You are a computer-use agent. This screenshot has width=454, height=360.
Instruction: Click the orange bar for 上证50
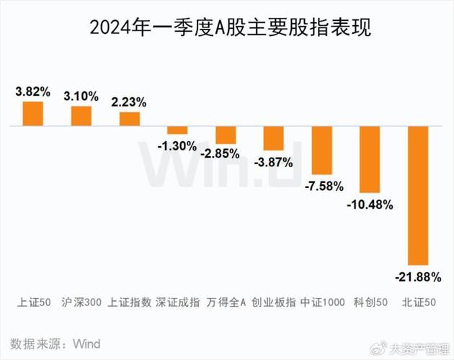point(33,114)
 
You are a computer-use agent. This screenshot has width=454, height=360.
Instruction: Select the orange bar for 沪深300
point(81,116)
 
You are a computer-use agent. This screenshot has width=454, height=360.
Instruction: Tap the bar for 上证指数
point(130,119)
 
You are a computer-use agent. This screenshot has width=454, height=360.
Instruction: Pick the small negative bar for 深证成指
point(177,130)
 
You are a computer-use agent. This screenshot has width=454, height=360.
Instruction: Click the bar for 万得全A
point(226,135)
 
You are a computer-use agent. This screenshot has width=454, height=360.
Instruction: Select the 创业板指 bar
point(273,138)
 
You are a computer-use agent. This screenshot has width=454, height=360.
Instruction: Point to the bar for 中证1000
point(321,150)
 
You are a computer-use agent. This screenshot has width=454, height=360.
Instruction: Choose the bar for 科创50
point(369,159)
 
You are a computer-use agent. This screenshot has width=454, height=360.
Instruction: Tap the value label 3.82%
point(33,92)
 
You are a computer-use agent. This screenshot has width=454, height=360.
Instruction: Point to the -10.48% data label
point(369,204)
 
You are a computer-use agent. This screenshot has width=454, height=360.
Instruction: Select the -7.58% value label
point(321,186)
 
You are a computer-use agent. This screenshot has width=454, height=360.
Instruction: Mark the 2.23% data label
point(130,102)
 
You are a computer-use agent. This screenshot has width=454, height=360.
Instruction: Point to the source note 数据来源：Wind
point(55,342)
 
